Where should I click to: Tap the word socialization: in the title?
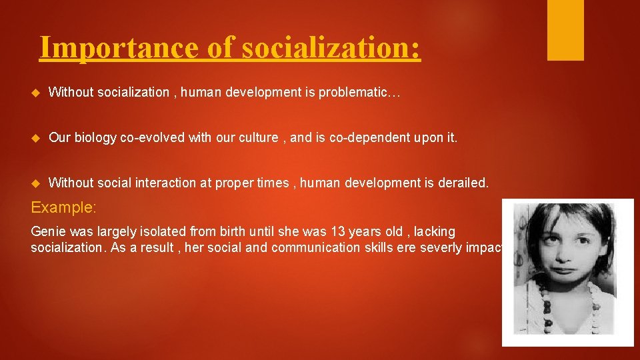pos(331,48)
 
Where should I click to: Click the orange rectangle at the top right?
pos(565,30)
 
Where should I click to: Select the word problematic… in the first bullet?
pos(360,92)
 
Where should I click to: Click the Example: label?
pos(64,207)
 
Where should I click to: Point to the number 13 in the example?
pos(338,231)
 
